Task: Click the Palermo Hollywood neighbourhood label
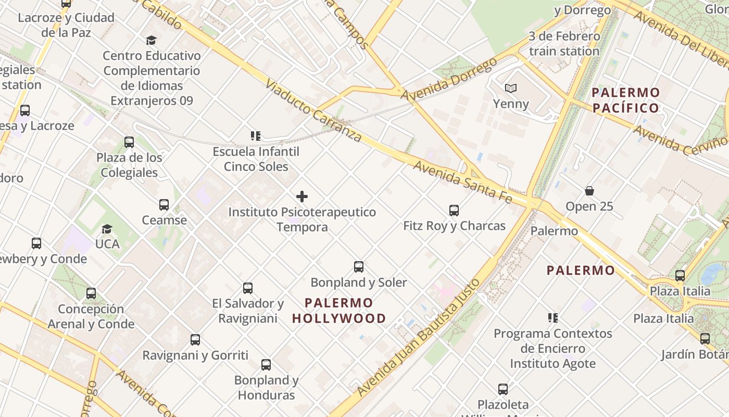point(339,311)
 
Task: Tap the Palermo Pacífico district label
point(625,101)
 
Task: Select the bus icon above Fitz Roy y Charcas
point(454,211)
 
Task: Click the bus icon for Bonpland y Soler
point(359,267)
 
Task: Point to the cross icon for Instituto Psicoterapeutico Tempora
point(301,197)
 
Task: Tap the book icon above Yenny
point(511,89)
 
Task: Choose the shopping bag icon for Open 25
point(589,191)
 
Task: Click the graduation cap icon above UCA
point(107,229)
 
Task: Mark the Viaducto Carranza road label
point(313,111)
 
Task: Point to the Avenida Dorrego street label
point(449,79)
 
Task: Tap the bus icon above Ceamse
point(164,205)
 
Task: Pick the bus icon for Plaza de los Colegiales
point(129,142)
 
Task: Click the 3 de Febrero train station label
point(564,44)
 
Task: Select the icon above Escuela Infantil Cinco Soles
point(256,136)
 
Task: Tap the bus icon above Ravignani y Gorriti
point(195,340)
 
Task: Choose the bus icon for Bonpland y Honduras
point(266,365)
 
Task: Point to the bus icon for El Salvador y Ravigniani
point(248,288)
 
